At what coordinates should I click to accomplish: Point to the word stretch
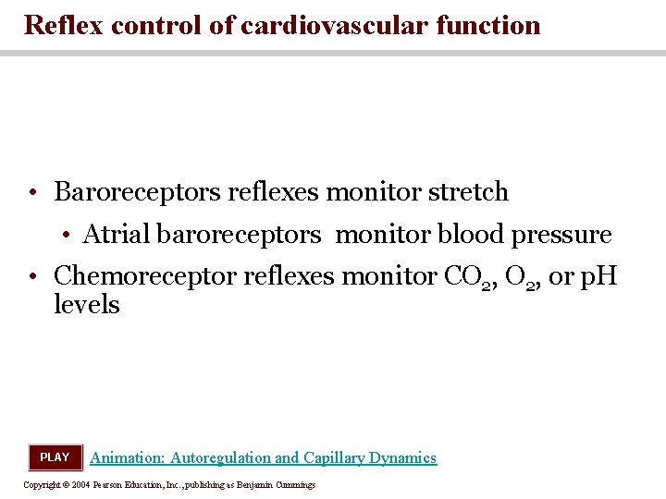click(467, 192)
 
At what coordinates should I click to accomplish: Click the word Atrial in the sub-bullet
click(117, 235)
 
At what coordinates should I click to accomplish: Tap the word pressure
click(561, 236)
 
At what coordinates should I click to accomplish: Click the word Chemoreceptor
click(146, 275)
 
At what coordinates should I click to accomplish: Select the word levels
click(87, 304)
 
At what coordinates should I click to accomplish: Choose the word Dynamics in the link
click(402, 458)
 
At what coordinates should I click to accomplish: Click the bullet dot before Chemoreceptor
click(32, 276)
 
